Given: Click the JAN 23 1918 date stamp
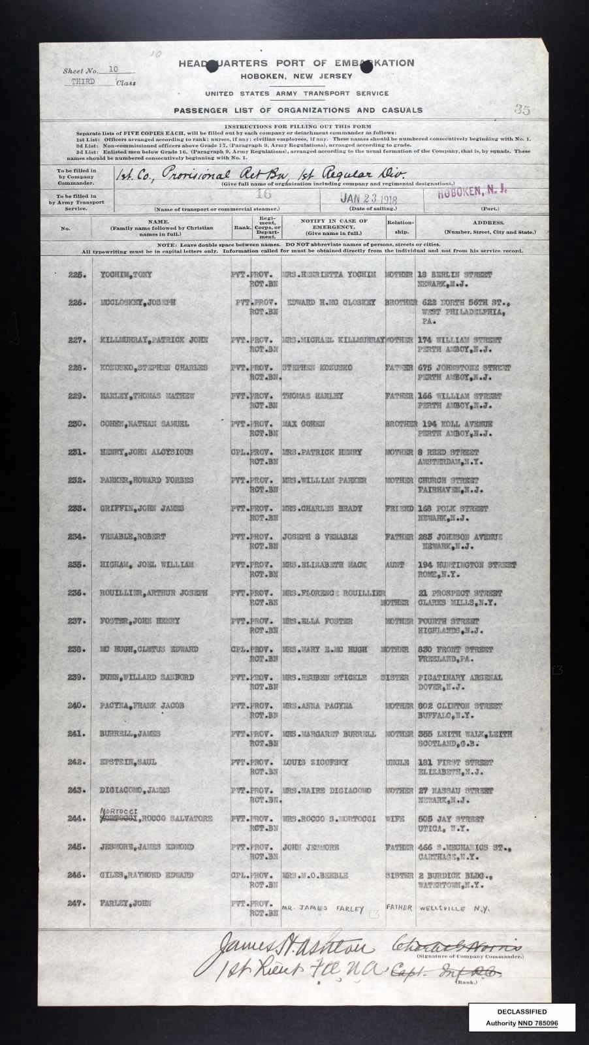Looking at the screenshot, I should click(x=370, y=199).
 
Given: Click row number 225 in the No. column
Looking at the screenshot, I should click(x=78, y=274).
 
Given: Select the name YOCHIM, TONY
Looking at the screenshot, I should click(x=124, y=274).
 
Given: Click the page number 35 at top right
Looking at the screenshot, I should click(x=521, y=110).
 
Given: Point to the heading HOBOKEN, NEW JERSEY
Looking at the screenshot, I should click(x=296, y=76).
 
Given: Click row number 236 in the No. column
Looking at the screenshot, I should click(x=78, y=592).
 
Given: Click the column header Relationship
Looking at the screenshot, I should click(x=398, y=226).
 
